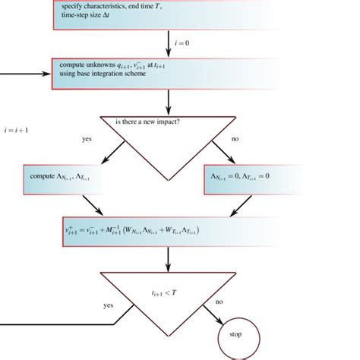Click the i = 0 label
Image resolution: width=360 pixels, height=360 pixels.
tap(183, 43)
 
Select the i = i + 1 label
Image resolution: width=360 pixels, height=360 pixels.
tap(17, 128)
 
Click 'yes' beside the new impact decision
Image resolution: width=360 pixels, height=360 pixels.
tap(87, 140)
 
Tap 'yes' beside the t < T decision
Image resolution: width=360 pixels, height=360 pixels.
tap(109, 305)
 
